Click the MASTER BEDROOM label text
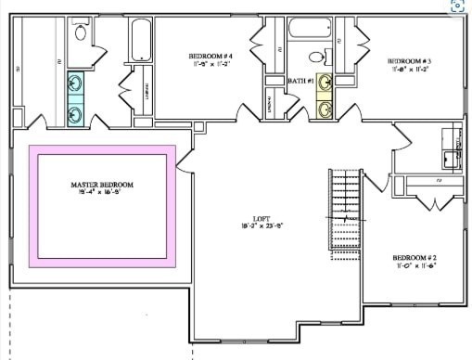point(102,185)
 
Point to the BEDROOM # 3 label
point(408,59)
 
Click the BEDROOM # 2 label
point(414,257)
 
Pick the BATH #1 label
point(300,81)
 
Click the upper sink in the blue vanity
point(76,84)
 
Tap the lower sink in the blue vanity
point(76,113)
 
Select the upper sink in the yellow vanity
point(325,84)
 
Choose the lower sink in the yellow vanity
point(325,109)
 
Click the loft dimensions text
point(248,225)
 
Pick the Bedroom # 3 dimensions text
point(408,68)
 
